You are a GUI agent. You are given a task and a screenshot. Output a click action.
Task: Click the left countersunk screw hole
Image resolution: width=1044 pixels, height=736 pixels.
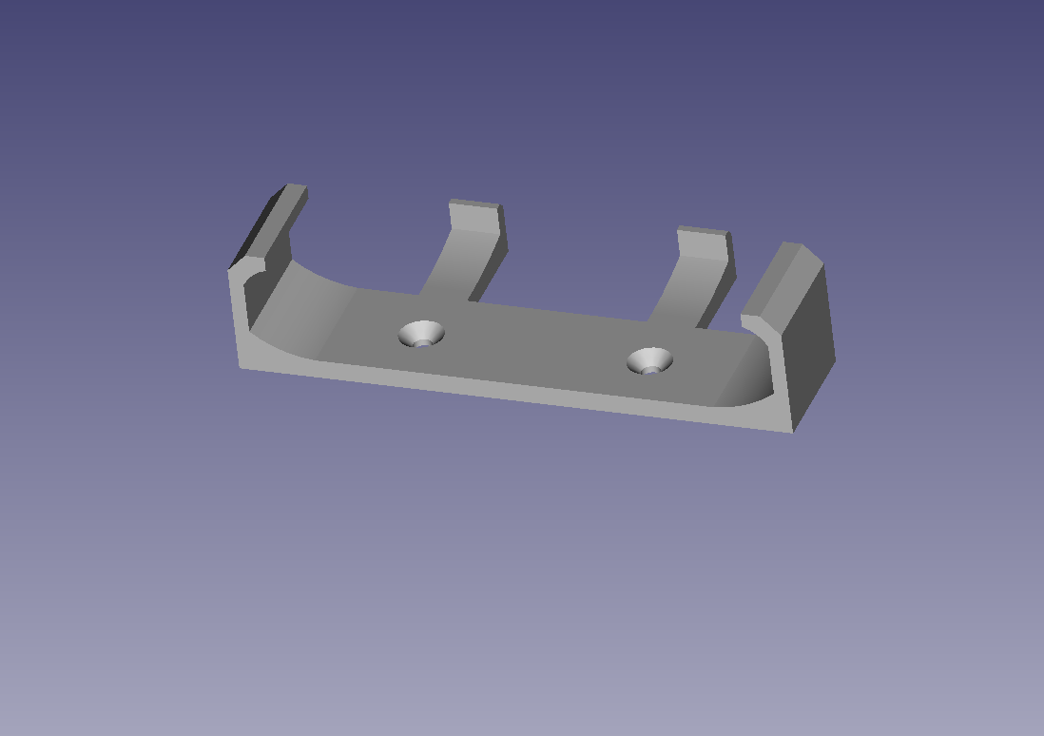tap(421, 333)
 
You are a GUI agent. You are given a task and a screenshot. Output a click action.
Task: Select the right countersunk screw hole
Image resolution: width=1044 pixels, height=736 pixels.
tap(650, 359)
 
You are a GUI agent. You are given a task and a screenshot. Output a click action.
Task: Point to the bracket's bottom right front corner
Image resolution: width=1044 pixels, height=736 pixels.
tap(792, 431)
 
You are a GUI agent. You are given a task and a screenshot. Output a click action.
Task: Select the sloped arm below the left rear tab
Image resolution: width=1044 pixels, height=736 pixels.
tap(456, 266)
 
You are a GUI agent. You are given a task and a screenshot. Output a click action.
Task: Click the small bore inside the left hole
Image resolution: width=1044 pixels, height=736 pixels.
tap(421, 341)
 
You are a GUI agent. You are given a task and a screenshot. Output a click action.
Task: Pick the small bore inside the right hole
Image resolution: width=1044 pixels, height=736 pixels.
tap(650, 368)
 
